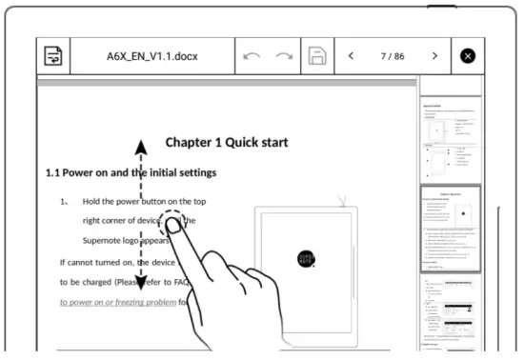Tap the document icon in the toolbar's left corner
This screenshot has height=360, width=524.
pos(54,56)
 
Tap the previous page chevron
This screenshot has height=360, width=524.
pos(351,56)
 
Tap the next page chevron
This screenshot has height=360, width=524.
pos(434,56)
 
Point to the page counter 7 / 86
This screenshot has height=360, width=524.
pos(393,56)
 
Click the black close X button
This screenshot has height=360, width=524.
pos(467,56)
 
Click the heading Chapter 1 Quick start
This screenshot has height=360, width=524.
pos(227,143)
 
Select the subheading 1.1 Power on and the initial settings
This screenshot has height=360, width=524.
pos(131,173)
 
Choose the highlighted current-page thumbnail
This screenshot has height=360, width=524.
pos(451,230)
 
